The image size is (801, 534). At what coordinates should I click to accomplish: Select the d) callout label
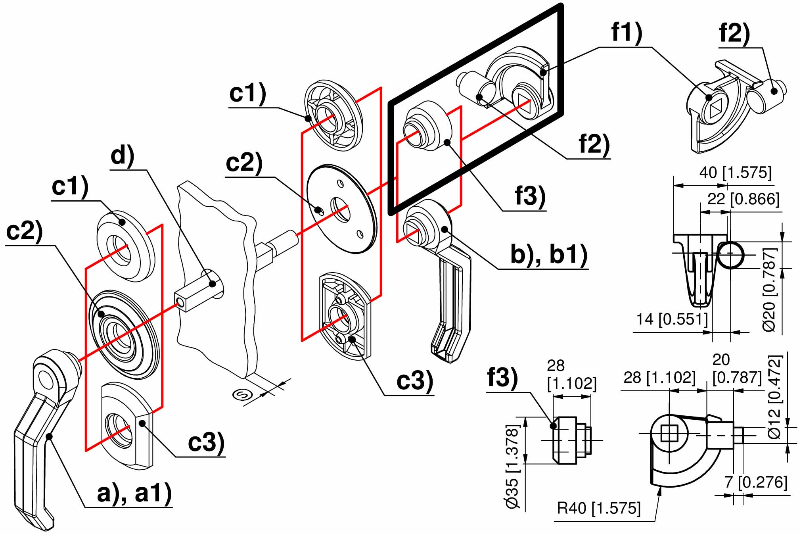(123, 156)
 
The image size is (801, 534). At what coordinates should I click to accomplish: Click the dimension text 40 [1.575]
(735, 173)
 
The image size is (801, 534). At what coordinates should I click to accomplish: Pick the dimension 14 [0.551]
(672, 319)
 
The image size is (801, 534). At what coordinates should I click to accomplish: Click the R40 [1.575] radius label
(599, 508)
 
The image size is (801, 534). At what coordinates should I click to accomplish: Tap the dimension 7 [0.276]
(755, 482)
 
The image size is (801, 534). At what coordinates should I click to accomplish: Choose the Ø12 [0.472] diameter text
(774, 397)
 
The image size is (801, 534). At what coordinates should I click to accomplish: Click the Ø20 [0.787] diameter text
(769, 290)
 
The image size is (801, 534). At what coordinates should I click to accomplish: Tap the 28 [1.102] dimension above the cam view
(659, 377)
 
